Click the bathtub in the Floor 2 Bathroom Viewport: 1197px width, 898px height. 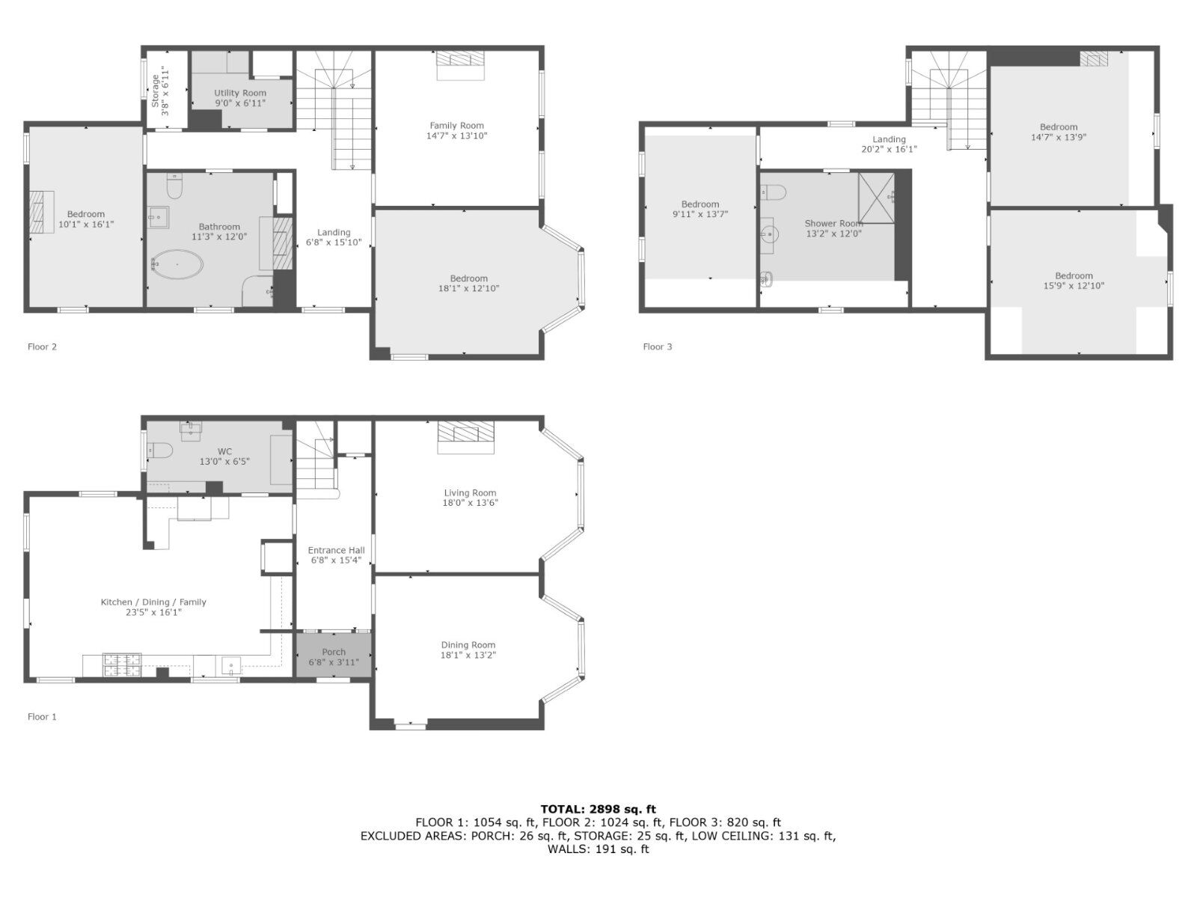click(x=177, y=265)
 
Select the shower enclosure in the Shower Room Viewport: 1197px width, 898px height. click(x=876, y=198)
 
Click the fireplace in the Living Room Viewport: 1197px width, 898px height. click(x=466, y=437)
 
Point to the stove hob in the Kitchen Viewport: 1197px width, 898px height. click(x=122, y=665)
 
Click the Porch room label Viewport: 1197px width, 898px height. click(x=334, y=652)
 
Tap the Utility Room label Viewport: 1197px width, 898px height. click(x=240, y=94)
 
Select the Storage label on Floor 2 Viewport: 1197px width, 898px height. click(x=156, y=91)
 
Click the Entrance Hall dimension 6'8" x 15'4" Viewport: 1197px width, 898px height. click(x=337, y=560)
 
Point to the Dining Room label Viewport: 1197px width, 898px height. click(x=468, y=645)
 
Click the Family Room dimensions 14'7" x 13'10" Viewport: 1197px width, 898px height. click(x=457, y=135)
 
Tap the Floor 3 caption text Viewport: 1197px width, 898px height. click(x=658, y=346)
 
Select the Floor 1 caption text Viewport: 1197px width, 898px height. click(x=42, y=717)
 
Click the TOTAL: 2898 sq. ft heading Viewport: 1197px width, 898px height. click(x=598, y=809)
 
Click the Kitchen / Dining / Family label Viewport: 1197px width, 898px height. click(x=153, y=602)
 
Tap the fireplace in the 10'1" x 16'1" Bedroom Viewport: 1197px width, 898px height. click(x=41, y=212)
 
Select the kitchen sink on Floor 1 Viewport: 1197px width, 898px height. click(x=231, y=666)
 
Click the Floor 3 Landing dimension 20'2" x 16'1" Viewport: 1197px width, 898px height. click(x=889, y=149)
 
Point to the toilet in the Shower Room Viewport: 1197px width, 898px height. click(x=774, y=192)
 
